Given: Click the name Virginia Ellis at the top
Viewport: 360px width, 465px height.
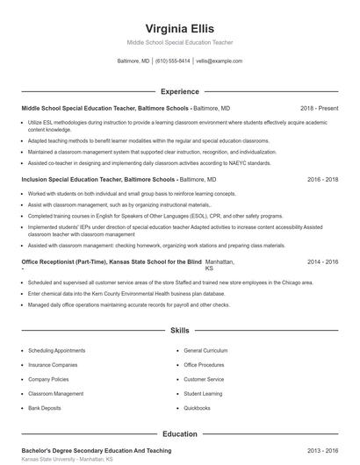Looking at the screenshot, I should (179, 28).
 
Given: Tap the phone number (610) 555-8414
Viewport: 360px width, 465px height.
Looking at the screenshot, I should (173, 61).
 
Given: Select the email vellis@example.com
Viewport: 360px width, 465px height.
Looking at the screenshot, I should (219, 61).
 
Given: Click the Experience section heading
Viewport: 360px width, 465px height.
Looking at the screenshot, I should (179, 91).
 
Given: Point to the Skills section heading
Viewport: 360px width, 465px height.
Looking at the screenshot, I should (179, 331).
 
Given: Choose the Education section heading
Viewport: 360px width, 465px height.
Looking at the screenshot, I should (179, 433).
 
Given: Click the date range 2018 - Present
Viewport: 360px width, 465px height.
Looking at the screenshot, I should (319, 108).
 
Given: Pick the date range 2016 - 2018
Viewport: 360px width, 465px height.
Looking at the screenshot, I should (322, 179).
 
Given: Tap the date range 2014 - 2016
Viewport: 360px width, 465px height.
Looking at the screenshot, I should (322, 261).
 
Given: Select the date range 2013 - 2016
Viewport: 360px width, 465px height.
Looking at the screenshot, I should (322, 450).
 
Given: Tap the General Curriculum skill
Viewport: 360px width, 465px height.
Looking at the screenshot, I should (206, 350).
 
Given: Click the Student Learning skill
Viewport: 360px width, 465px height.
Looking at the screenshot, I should (204, 393).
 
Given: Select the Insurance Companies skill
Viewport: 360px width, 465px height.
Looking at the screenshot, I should (53, 364).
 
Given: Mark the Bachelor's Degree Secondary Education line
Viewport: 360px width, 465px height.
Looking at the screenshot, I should (97, 450).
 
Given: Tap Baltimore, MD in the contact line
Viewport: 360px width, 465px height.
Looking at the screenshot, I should (133, 61).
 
